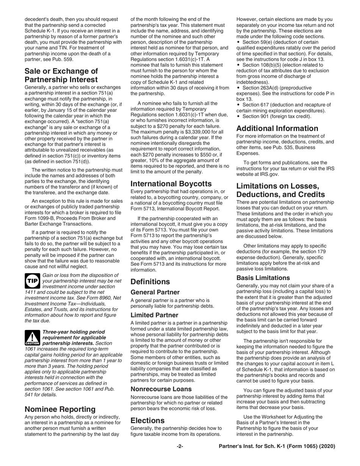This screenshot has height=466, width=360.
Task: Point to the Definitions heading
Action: coord(150,282)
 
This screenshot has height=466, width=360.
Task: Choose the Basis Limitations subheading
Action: coord(263,278)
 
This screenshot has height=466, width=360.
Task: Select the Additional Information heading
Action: coord(277,128)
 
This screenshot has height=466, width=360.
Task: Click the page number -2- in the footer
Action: coord(180,446)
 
